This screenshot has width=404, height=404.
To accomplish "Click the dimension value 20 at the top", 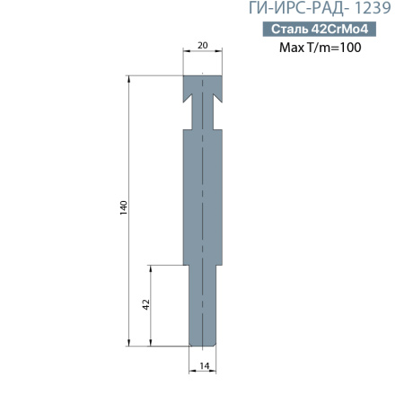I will click(202, 44).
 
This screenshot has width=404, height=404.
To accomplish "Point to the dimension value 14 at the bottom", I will click(204, 365).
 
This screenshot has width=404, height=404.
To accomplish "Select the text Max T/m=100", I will click(321, 48).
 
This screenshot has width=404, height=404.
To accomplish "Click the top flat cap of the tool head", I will click(202, 83).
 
